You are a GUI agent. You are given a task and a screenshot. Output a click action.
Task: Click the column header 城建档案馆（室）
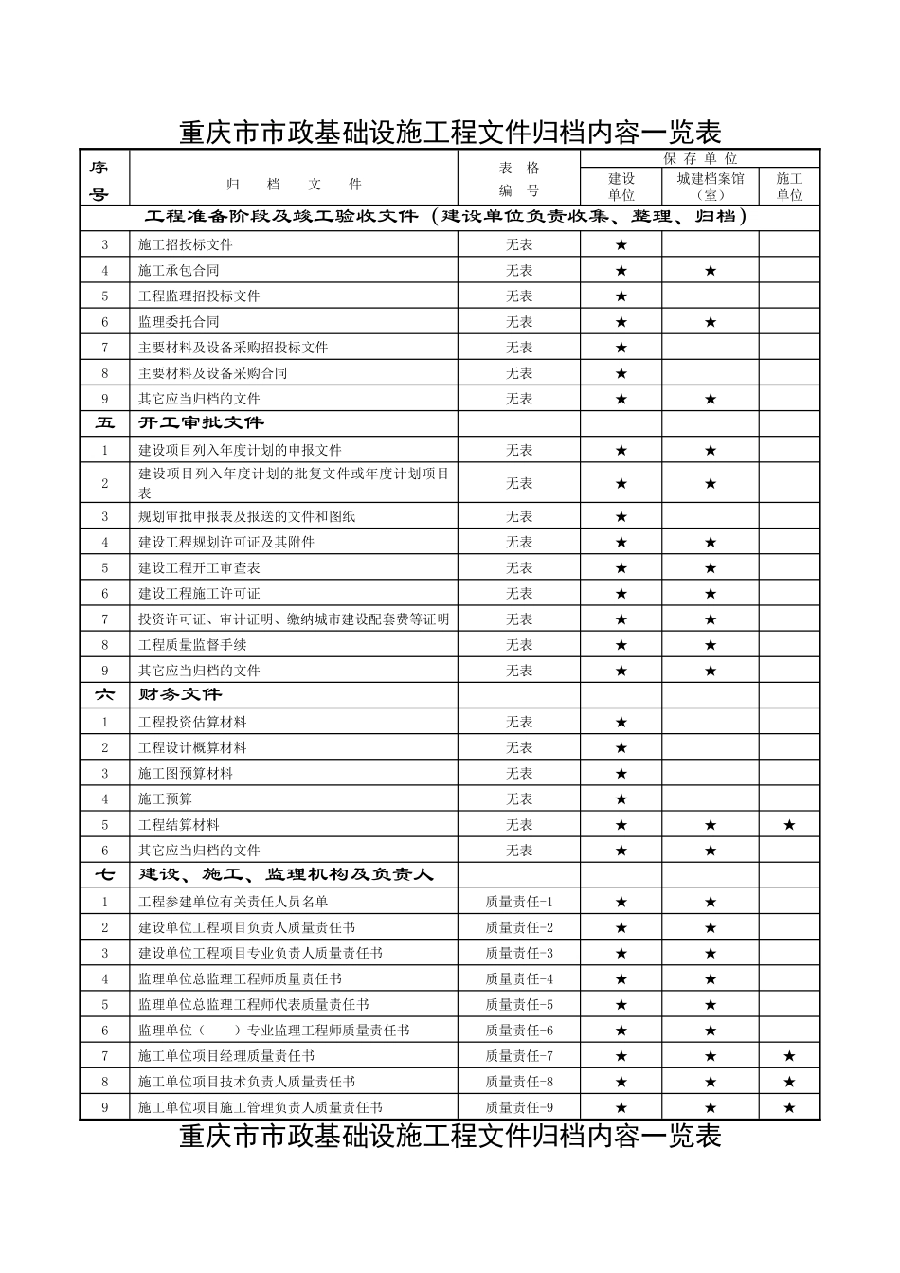click(x=710, y=187)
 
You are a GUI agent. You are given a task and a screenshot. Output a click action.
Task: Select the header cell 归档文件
click(x=294, y=185)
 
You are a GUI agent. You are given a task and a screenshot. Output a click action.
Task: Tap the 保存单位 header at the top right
click(x=699, y=159)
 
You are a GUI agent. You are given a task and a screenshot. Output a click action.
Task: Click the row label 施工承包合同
click(x=179, y=271)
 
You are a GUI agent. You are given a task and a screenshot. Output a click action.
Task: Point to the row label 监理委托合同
click(x=179, y=322)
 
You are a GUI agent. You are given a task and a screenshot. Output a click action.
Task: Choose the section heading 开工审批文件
click(x=202, y=423)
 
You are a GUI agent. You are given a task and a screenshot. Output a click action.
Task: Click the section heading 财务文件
click(x=180, y=695)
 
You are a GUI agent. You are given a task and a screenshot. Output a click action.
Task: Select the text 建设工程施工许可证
click(x=199, y=594)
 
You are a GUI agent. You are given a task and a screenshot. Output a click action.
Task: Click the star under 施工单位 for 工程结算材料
click(x=789, y=825)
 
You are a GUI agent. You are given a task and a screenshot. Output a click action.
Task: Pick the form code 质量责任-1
click(x=519, y=903)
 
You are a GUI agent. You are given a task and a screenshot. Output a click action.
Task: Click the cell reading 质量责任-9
click(x=519, y=1107)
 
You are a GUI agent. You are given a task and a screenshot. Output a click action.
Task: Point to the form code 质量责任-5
click(x=519, y=1005)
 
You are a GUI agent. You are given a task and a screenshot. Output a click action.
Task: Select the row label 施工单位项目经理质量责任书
click(x=226, y=1056)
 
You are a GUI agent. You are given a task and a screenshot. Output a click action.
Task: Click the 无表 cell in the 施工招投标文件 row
click(x=519, y=245)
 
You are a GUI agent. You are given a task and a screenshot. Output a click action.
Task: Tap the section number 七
click(x=104, y=875)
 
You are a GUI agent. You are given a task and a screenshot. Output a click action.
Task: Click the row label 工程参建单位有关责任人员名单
click(x=233, y=903)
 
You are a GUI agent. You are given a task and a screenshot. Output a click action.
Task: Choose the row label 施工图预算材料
click(x=186, y=774)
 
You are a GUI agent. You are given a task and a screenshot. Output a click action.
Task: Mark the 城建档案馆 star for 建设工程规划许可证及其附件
click(x=711, y=543)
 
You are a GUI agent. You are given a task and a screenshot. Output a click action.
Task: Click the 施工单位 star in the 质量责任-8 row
click(x=789, y=1082)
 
